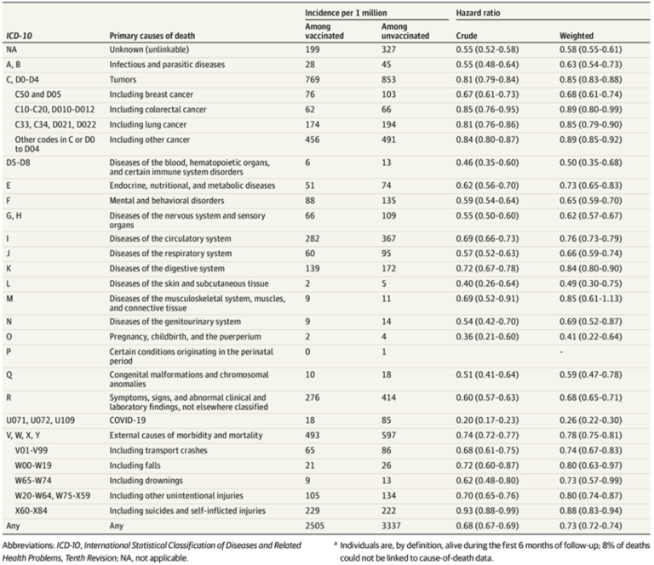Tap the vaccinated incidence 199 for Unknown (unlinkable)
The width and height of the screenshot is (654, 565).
(312, 51)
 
